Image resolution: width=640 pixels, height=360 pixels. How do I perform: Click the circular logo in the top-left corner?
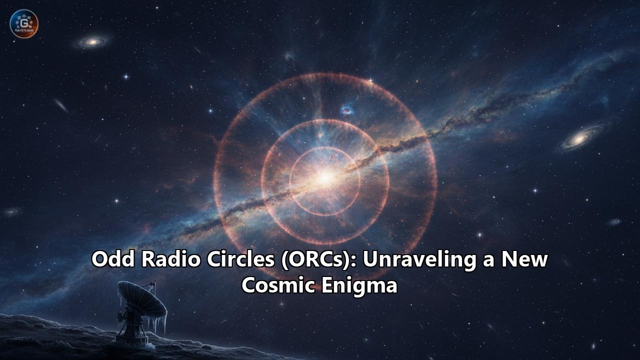tap(24, 23)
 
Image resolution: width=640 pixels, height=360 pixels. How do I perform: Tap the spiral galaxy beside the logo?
tap(92, 42)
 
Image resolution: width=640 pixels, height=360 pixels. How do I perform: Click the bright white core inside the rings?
tap(325, 177)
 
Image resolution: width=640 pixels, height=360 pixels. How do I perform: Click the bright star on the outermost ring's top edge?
tap(370, 80)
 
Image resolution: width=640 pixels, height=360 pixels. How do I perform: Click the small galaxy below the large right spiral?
tap(614, 221)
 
